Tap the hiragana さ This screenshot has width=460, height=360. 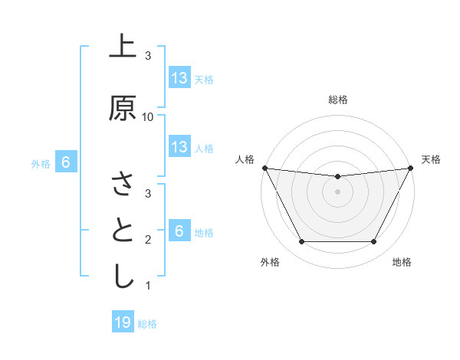(123, 185)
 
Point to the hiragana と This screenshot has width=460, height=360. (123, 231)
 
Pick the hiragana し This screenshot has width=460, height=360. (123, 277)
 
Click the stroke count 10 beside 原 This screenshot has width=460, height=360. (148, 116)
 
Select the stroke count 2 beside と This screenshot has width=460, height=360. (148, 240)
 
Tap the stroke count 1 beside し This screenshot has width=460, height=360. (148, 286)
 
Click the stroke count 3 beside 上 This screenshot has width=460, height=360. (148, 56)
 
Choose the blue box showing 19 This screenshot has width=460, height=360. (123, 322)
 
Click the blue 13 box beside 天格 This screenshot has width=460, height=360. (179, 78)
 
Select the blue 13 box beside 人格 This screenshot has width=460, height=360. (179, 147)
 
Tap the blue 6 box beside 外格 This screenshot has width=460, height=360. (66, 162)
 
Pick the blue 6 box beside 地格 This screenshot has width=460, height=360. (179, 231)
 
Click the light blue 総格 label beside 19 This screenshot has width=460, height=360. (147, 324)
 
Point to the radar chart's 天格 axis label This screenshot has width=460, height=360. (431, 159)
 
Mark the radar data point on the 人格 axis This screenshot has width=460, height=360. (264, 168)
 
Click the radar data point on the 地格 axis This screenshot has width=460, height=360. (374, 242)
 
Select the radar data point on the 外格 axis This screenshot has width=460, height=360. (301, 242)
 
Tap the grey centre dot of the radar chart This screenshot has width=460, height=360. (337, 191)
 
